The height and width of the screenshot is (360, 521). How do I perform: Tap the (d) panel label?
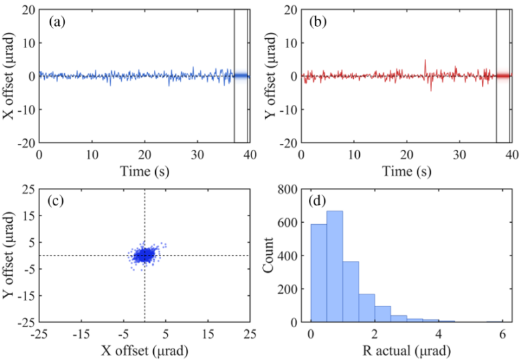[318, 200]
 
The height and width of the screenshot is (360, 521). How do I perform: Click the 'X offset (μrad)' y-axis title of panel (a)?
[11, 76]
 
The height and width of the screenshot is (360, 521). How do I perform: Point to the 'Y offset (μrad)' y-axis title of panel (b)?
[274, 76]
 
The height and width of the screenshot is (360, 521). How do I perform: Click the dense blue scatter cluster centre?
[144, 254]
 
